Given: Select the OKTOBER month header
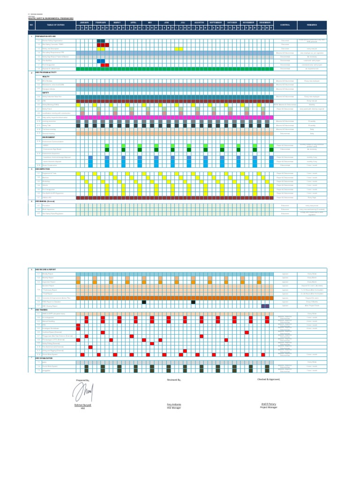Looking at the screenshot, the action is [232, 22].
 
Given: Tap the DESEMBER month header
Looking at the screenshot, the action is [265, 22].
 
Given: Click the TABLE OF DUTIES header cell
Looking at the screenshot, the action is [55, 24].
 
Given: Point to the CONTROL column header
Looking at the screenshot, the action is [285, 24].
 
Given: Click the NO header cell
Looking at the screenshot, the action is [31, 24].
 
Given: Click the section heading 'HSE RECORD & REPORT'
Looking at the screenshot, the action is [45, 270].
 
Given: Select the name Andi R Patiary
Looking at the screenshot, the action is [269, 404].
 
